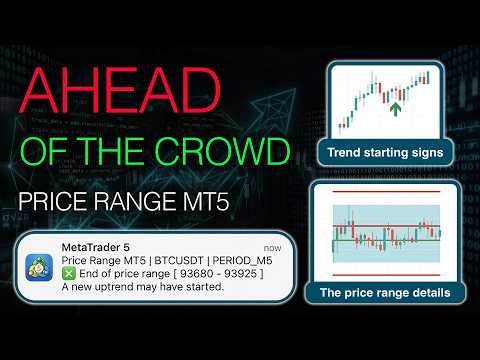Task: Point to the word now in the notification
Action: [272, 246]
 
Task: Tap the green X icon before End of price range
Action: [68, 273]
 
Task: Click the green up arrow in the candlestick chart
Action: [397, 106]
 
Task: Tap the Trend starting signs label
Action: [385, 153]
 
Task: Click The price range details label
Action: [385, 293]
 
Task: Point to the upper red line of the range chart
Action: [385, 188]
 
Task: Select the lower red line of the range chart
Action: [385, 272]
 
